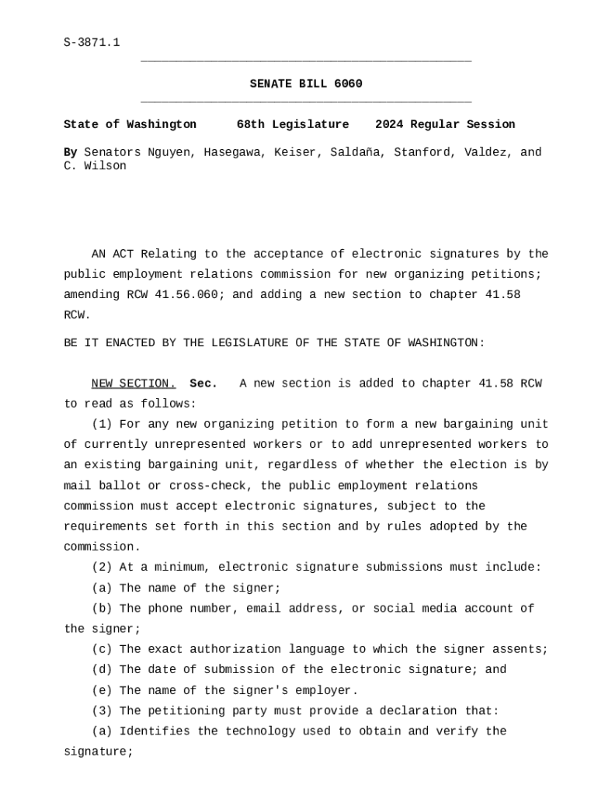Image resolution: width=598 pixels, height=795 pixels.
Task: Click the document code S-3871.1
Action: click(x=92, y=43)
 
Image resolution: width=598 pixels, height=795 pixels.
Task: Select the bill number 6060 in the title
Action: click(x=348, y=84)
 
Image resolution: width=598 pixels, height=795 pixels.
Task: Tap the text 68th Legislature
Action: click(x=293, y=124)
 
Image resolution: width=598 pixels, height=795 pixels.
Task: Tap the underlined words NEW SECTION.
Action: click(x=134, y=384)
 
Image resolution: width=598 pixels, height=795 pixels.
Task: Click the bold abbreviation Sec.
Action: click(x=203, y=384)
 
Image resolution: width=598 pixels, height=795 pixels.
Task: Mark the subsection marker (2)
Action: click(x=102, y=568)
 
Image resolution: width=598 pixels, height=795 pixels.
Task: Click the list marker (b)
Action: click(x=102, y=609)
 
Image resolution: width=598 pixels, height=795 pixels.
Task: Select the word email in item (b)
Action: click(x=263, y=609)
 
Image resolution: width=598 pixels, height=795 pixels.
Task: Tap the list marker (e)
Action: click(x=102, y=690)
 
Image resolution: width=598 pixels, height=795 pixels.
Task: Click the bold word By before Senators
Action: click(x=70, y=152)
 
